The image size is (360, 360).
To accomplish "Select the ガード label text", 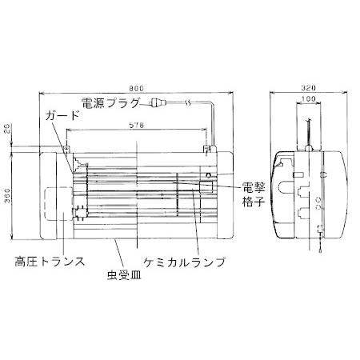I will point(63,115).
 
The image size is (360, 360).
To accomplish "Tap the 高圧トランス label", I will point(50,261).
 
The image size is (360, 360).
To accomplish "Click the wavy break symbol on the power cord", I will point(186,103).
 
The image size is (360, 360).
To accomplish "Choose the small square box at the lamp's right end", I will point(206,189).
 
